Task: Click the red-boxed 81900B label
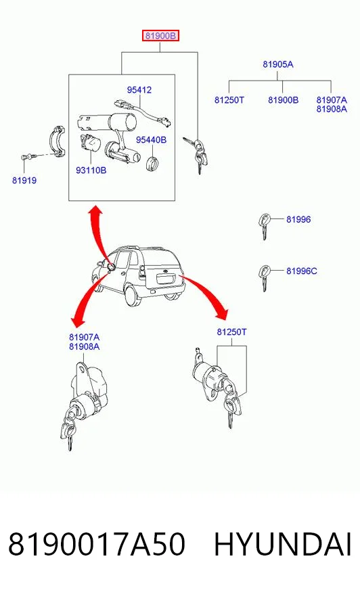160,36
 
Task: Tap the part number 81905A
277,64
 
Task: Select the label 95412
139,90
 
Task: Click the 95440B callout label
151,140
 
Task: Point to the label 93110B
91,171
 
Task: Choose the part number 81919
24,181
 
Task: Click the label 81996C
302,271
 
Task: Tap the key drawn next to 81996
265,225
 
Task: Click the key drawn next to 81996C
265,277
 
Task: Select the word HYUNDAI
283,544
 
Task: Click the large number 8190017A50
97,544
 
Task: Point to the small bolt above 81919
28,156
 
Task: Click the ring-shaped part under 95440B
152,163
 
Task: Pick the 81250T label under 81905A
229,100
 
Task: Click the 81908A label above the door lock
85,346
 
